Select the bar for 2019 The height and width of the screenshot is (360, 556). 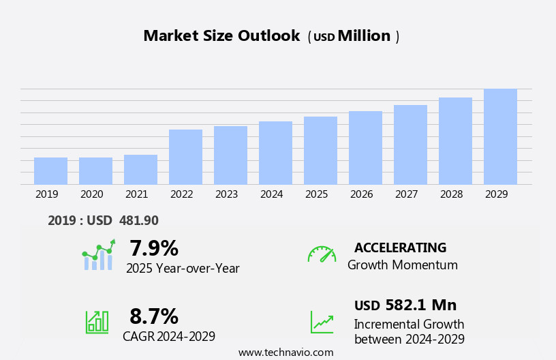(50, 171)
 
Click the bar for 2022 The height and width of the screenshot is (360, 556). (185, 157)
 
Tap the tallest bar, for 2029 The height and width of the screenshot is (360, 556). (500, 137)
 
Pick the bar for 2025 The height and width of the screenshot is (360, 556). (320, 151)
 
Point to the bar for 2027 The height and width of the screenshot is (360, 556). (410, 145)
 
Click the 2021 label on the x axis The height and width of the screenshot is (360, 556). (136, 194)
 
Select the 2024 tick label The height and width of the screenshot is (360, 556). (271, 194)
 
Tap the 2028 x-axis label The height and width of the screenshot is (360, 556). (451, 194)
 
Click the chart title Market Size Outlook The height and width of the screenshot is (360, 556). (221, 36)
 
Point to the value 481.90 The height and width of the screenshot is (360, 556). (139, 220)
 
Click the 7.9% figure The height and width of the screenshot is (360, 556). (154, 248)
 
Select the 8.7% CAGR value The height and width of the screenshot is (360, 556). (154, 316)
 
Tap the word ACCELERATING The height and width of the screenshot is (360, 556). (400, 247)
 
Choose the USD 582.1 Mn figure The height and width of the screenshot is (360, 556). (405, 305)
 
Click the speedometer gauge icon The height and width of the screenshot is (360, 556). (322, 254)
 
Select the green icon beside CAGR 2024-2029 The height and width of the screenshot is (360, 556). (97, 321)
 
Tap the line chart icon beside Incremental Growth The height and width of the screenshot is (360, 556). (322, 322)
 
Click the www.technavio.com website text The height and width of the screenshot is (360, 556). (285, 352)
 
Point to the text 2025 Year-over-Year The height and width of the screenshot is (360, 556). (183, 269)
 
